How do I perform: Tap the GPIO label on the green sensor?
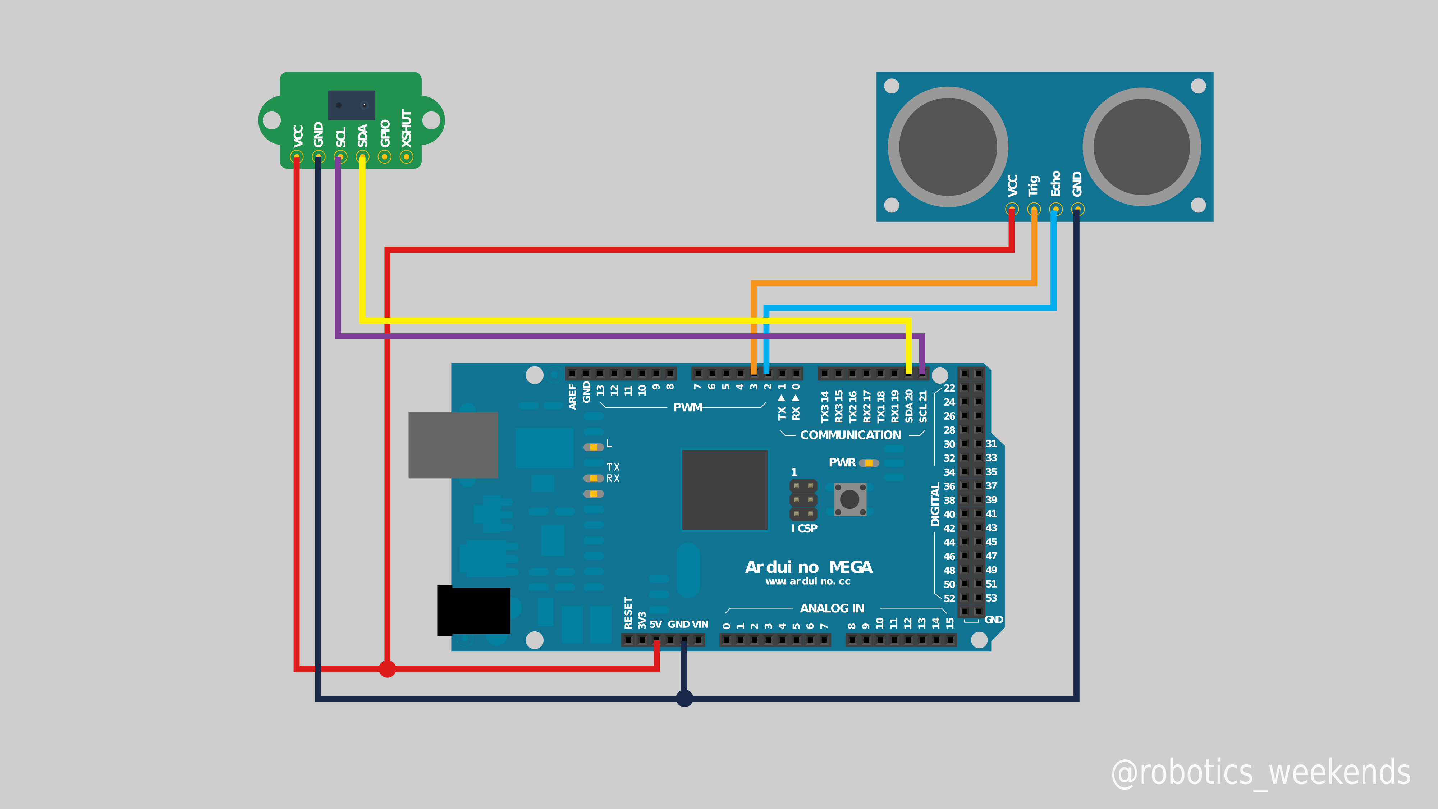click(x=385, y=133)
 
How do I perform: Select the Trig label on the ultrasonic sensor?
click(x=1033, y=186)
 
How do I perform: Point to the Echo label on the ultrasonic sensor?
click(x=1055, y=184)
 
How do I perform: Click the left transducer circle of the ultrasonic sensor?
click(x=948, y=147)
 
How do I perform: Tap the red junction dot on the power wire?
click(x=387, y=668)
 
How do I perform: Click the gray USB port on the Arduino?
click(x=453, y=445)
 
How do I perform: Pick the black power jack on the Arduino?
click(x=473, y=610)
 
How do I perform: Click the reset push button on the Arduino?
click(x=849, y=499)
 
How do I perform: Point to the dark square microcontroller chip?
click(x=725, y=490)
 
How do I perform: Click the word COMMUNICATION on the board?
click(x=850, y=435)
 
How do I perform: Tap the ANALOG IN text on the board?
click(x=832, y=608)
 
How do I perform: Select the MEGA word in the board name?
click(x=851, y=567)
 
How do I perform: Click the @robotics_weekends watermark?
click(x=1260, y=773)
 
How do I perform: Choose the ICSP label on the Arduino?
click(x=805, y=528)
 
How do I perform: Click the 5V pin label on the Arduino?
click(x=655, y=624)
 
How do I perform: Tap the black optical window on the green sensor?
click(x=351, y=105)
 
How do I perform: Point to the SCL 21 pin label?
click(x=923, y=406)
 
